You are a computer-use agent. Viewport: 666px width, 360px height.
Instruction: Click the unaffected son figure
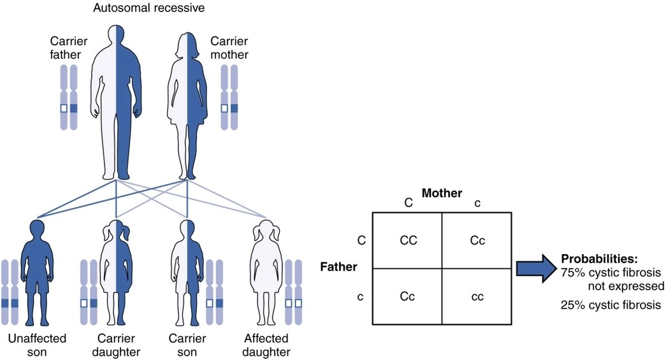coord(36,274)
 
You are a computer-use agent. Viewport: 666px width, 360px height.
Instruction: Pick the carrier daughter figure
coord(115,274)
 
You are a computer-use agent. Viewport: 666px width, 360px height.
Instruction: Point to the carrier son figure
coord(186,274)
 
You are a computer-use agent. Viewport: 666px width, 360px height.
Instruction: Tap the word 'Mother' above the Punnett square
coord(442,192)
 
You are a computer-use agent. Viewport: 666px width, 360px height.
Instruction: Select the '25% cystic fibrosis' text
coord(611,305)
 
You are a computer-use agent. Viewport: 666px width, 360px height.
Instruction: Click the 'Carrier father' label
coord(68,48)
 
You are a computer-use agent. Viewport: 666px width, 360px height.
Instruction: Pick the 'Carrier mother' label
coord(230,48)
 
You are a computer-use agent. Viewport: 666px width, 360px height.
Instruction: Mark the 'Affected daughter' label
coord(267,345)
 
